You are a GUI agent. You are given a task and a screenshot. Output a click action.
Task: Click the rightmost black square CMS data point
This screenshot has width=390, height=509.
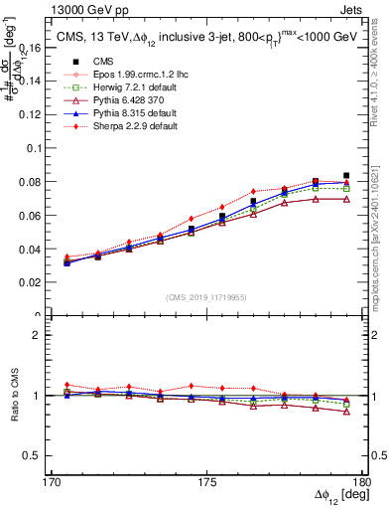click(345, 175)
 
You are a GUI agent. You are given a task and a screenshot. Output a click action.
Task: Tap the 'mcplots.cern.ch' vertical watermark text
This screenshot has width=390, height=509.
click(380, 249)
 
